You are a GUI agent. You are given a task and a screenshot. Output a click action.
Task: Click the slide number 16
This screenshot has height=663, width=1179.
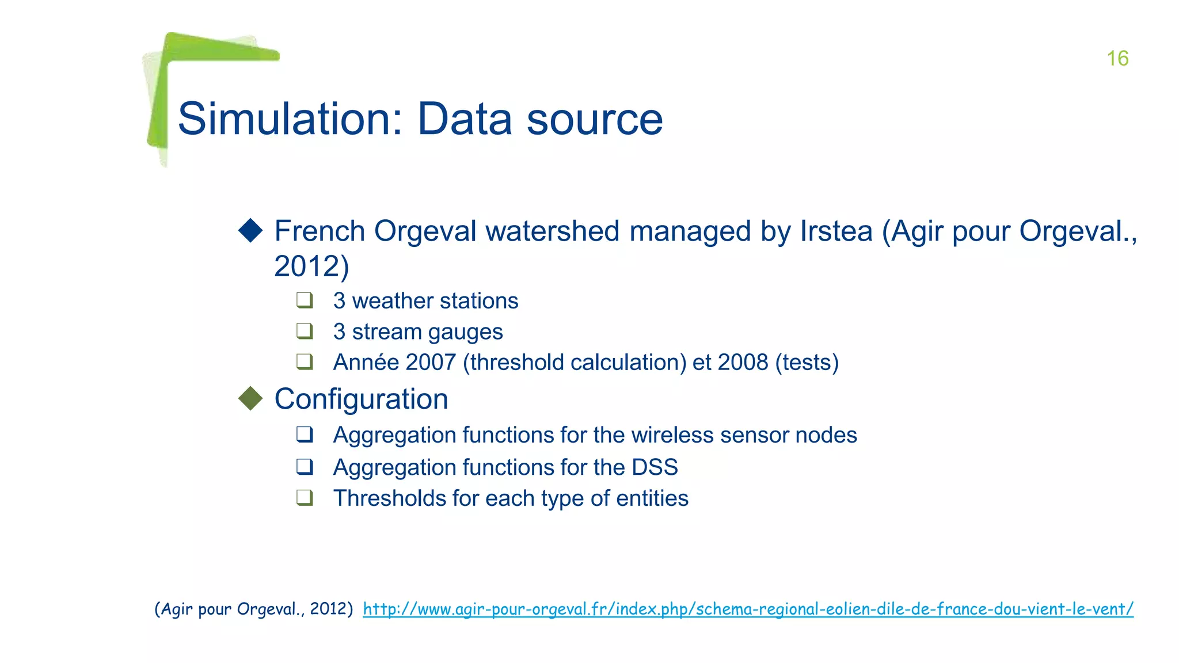(x=1117, y=58)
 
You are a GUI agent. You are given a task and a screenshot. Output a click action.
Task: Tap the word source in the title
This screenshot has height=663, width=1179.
(x=595, y=119)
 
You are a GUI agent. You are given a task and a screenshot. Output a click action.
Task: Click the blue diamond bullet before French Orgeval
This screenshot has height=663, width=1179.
(x=250, y=230)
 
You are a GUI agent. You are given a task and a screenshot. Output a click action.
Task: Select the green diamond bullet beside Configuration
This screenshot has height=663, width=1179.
(x=250, y=398)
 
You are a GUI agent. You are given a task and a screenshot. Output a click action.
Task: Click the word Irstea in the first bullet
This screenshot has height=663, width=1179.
(x=836, y=231)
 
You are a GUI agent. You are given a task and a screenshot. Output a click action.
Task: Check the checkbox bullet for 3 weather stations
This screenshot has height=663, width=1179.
(x=305, y=300)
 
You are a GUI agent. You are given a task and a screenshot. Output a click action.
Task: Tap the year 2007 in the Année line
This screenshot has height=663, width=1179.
(x=430, y=363)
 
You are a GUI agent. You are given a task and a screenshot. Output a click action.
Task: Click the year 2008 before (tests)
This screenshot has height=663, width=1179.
(x=743, y=363)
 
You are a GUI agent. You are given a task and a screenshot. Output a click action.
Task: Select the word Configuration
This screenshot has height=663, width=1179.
(x=361, y=399)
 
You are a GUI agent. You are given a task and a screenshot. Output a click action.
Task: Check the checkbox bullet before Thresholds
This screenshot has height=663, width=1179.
(x=305, y=497)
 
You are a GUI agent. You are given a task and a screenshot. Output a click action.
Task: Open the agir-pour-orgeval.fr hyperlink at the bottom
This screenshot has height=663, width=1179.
(x=748, y=609)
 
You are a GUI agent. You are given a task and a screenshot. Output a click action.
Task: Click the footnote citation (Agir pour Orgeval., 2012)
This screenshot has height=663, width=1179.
(x=253, y=609)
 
